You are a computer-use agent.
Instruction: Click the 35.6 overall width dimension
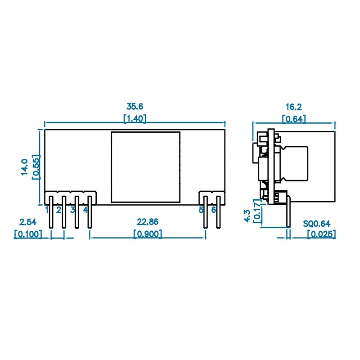[x=135, y=107]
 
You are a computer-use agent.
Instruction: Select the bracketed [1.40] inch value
[x=135, y=118]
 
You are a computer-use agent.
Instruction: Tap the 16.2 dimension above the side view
[x=293, y=107]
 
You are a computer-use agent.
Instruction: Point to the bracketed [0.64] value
[x=293, y=119]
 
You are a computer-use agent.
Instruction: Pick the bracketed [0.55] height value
[x=36, y=167]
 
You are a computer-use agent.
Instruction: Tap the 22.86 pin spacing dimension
[x=148, y=222]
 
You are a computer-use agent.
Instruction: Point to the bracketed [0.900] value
[x=148, y=234]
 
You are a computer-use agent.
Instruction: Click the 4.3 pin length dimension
[x=247, y=215]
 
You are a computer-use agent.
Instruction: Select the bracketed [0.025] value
[x=321, y=234]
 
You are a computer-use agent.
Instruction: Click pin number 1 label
[x=47, y=210]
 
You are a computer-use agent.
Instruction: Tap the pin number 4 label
[x=85, y=210]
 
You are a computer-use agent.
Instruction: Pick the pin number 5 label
[x=201, y=210]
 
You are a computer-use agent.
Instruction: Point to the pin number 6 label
[x=214, y=210]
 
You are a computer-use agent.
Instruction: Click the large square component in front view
[x=145, y=166]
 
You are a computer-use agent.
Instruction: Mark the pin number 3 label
[x=72, y=210]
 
